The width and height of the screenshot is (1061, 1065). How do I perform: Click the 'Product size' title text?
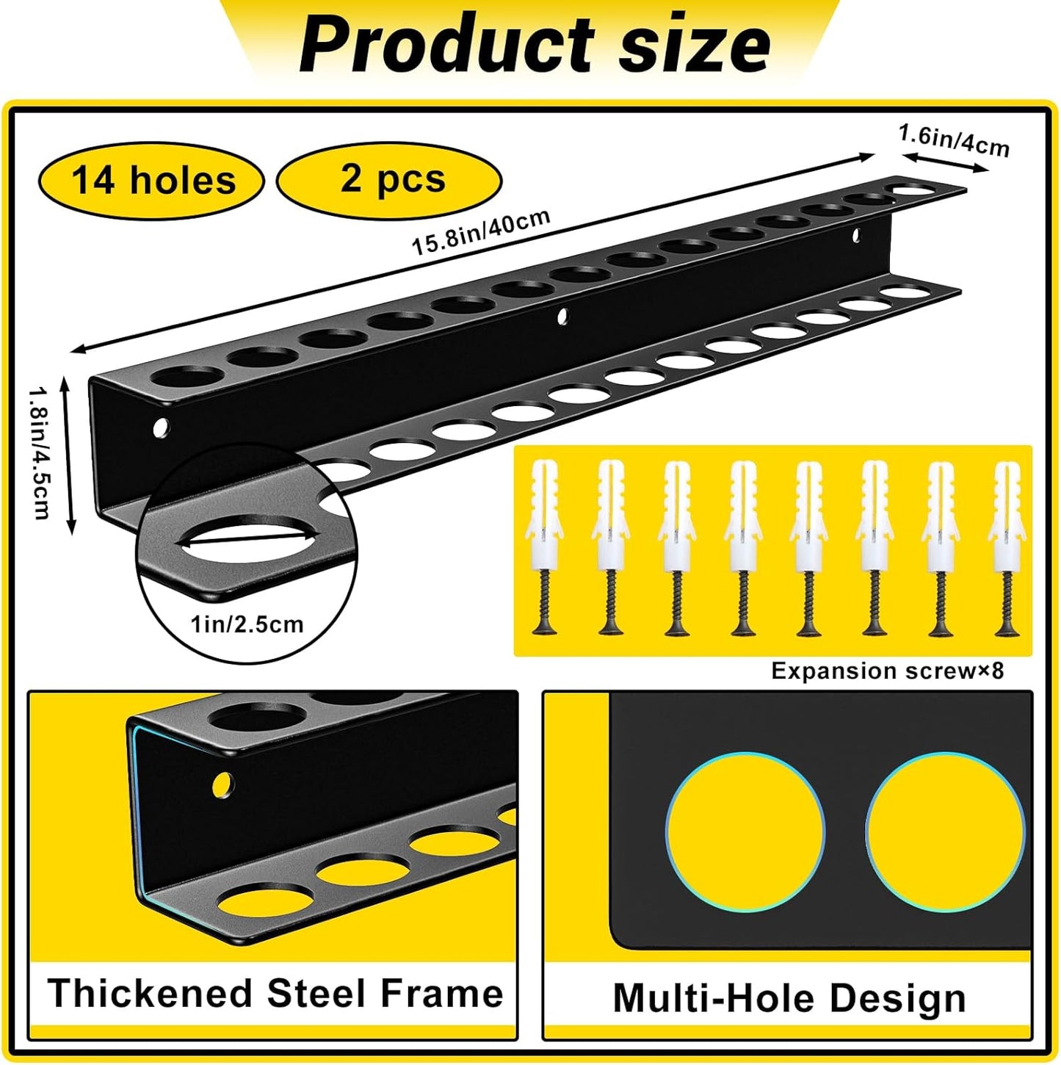(535, 46)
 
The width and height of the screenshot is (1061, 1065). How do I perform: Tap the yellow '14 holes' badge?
(153, 181)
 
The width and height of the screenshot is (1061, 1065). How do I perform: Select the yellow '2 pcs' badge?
(390, 179)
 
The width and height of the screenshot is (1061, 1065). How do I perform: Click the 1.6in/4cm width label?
(954, 140)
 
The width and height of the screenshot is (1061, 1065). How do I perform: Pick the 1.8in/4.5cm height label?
(40, 453)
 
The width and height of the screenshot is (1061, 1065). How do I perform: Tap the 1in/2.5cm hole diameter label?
(247, 624)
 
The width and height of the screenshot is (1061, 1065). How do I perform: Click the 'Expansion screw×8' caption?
(887, 671)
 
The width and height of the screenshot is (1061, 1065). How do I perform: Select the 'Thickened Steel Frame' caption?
(275, 994)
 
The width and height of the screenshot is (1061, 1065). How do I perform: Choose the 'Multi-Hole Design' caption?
(789, 998)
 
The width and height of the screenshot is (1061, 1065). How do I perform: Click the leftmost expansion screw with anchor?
(545, 547)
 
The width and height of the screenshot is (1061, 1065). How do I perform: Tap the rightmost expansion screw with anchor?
(1007, 547)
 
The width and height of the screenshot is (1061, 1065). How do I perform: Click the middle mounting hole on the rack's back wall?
(562, 317)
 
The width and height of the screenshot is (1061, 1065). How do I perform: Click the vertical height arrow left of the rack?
(68, 454)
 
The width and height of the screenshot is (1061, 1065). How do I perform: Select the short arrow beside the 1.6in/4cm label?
(945, 163)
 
